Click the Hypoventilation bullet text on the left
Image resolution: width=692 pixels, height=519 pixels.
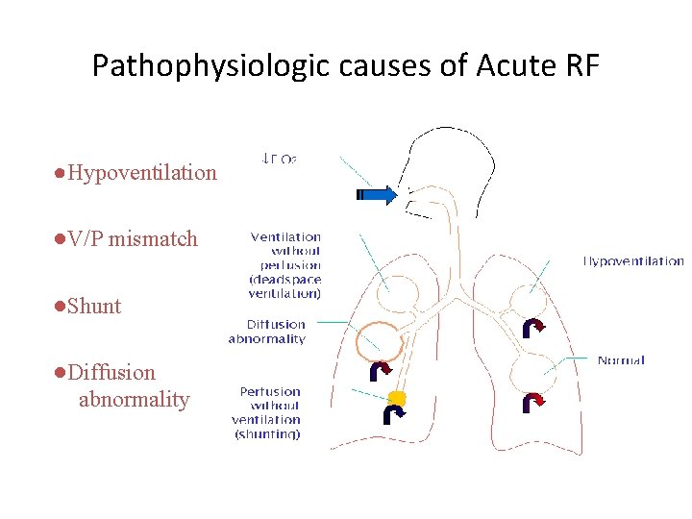tap(142, 173)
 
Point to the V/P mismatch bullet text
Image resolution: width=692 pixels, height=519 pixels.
tap(133, 238)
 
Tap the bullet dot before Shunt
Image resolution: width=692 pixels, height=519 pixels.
tap(60, 306)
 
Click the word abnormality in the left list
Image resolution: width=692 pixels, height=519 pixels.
tap(134, 399)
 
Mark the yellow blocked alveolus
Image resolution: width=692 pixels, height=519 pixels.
tap(397, 398)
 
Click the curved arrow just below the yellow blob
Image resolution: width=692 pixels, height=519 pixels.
tap(394, 414)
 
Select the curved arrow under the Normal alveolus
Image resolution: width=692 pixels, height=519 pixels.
tap(532, 402)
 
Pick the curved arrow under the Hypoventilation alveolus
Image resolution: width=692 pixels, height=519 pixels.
tap(533, 329)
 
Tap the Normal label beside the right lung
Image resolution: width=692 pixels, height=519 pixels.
tap(621, 360)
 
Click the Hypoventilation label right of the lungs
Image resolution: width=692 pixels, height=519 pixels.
tap(633, 260)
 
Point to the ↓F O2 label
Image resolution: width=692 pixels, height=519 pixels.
tap(280, 158)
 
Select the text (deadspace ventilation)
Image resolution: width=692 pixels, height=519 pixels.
tap(285, 286)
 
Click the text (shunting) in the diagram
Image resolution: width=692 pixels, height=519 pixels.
tap(268, 434)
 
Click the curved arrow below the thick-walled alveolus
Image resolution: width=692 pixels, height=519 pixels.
tap(381, 370)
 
